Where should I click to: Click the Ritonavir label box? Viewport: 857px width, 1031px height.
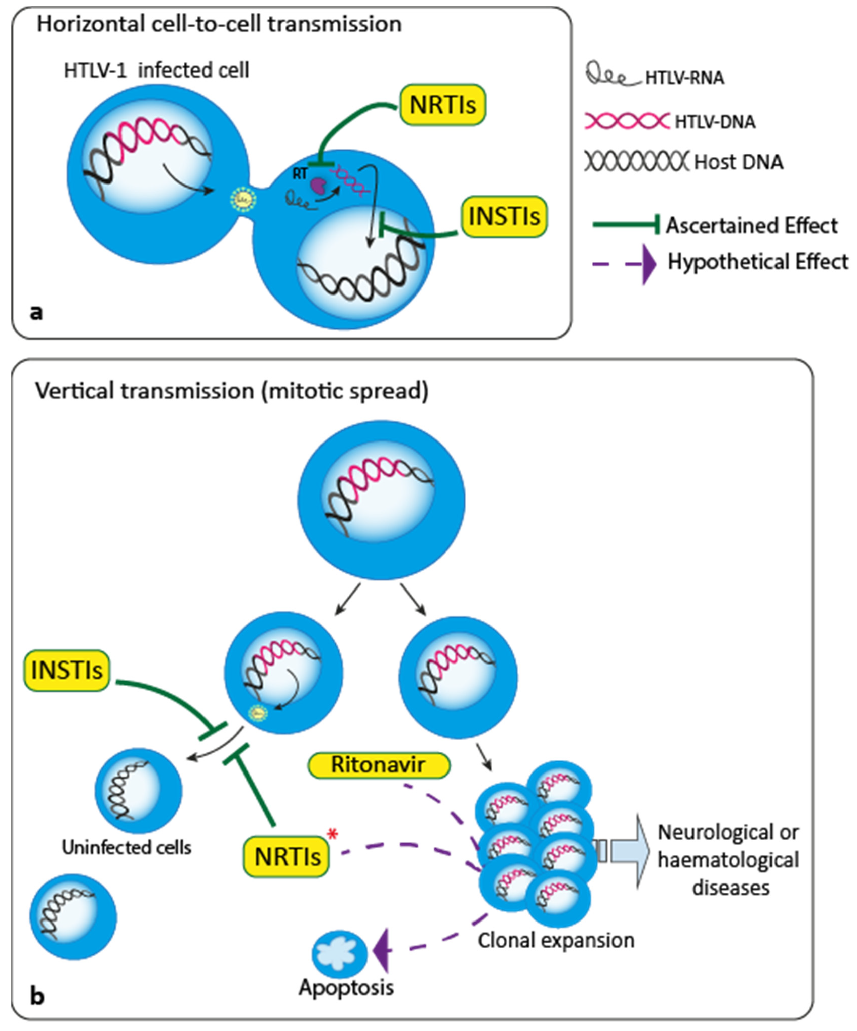tap(378, 765)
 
